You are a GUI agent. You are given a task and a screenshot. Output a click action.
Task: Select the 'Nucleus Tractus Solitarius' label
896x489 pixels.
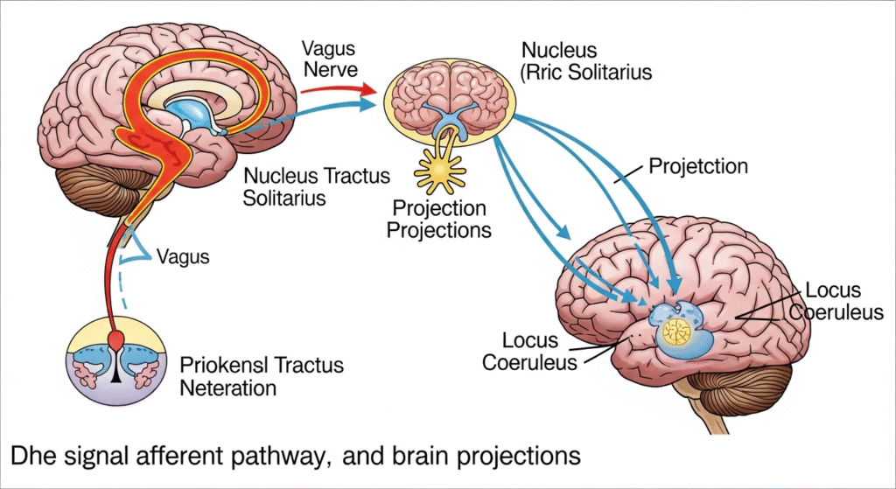[x=317, y=187]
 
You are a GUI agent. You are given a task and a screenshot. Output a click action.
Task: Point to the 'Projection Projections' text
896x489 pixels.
[x=439, y=220]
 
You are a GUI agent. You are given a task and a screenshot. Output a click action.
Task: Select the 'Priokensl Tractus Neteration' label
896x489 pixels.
[x=262, y=374]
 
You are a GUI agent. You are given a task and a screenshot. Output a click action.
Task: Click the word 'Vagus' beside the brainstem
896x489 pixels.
[x=183, y=257]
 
